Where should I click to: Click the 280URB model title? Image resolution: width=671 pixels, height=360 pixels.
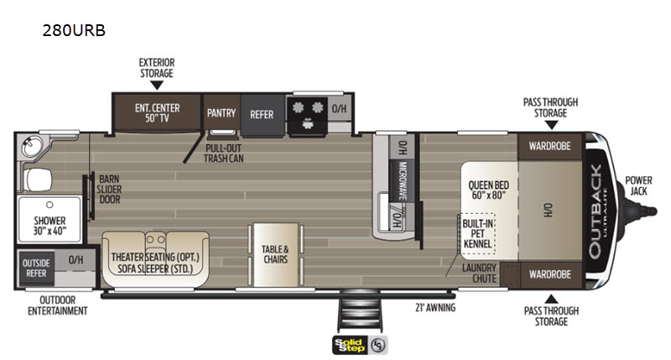click(x=74, y=30)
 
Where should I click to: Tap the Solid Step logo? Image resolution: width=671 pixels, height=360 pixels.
click(x=360, y=345)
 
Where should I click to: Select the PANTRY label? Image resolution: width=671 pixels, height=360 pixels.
click(x=221, y=113)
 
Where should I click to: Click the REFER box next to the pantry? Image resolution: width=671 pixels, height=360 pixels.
click(x=262, y=115)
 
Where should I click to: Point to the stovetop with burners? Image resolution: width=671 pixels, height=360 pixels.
click(x=307, y=116)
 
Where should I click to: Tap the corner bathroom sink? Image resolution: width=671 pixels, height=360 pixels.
click(x=31, y=146)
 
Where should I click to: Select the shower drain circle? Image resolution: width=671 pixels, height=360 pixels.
click(x=49, y=205)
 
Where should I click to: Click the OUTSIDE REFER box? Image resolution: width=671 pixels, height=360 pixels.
click(x=36, y=269)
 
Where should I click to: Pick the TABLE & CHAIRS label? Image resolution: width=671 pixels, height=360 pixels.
click(x=275, y=254)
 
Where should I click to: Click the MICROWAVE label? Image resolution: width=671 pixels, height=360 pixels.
click(x=403, y=180)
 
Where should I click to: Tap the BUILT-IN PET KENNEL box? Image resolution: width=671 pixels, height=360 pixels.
click(x=477, y=234)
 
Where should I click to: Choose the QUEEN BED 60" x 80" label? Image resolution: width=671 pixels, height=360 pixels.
click(x=488, y=190)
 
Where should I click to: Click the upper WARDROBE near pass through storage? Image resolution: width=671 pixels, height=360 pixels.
click(x=550, y=146)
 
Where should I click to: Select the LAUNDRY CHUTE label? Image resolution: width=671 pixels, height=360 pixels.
click(x=480, y=274)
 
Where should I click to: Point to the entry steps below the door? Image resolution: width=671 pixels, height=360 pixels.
click(x=359, y=311)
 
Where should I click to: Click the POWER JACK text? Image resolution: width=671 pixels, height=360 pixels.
click(x=638, y=185)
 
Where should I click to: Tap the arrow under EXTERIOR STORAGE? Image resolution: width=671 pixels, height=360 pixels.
click(x=157, y=86)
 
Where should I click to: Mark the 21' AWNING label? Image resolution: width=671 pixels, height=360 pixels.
click(x=435, y=308)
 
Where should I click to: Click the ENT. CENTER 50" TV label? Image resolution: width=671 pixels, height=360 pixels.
click(x=157, y=113)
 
